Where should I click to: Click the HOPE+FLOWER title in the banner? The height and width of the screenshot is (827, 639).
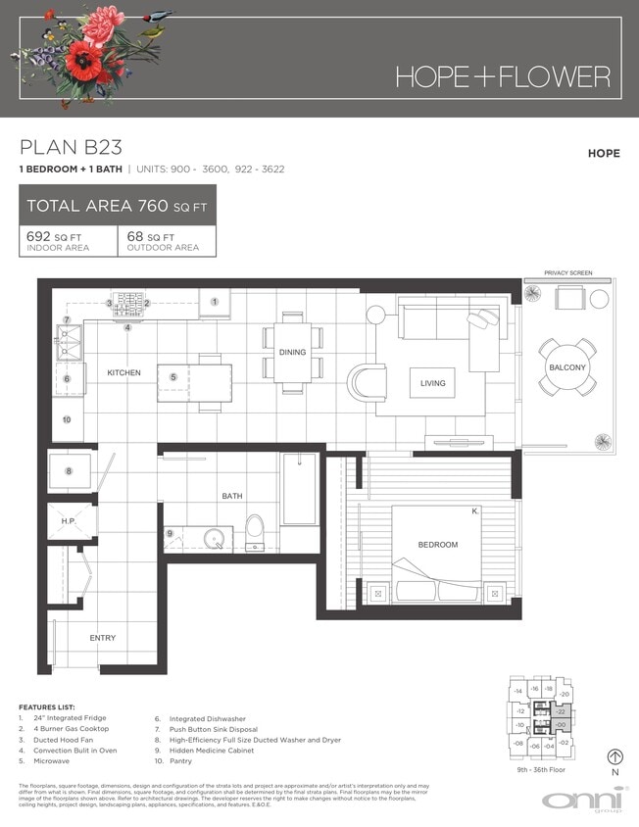click(503, 76)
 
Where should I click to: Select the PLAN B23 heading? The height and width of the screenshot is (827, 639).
click(71, 148)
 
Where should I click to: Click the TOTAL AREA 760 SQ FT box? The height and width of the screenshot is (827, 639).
click(118, 206)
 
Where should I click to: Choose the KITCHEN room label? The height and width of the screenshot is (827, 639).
click(124, 372)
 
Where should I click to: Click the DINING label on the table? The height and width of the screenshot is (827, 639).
click(292, 352)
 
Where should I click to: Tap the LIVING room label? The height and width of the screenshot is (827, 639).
click(432, 383)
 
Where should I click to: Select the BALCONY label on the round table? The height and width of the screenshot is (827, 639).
click(567, 367)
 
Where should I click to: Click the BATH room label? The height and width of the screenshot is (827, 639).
click(232, 496)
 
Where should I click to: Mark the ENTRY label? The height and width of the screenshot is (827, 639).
click(103, 638)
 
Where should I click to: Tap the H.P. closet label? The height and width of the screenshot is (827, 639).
click(69, 522)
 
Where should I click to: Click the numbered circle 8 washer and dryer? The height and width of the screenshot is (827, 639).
click(69, 471)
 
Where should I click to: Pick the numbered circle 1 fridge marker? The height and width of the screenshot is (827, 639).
click(214, 302)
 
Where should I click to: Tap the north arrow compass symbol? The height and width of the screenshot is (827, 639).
click(615, 756)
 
